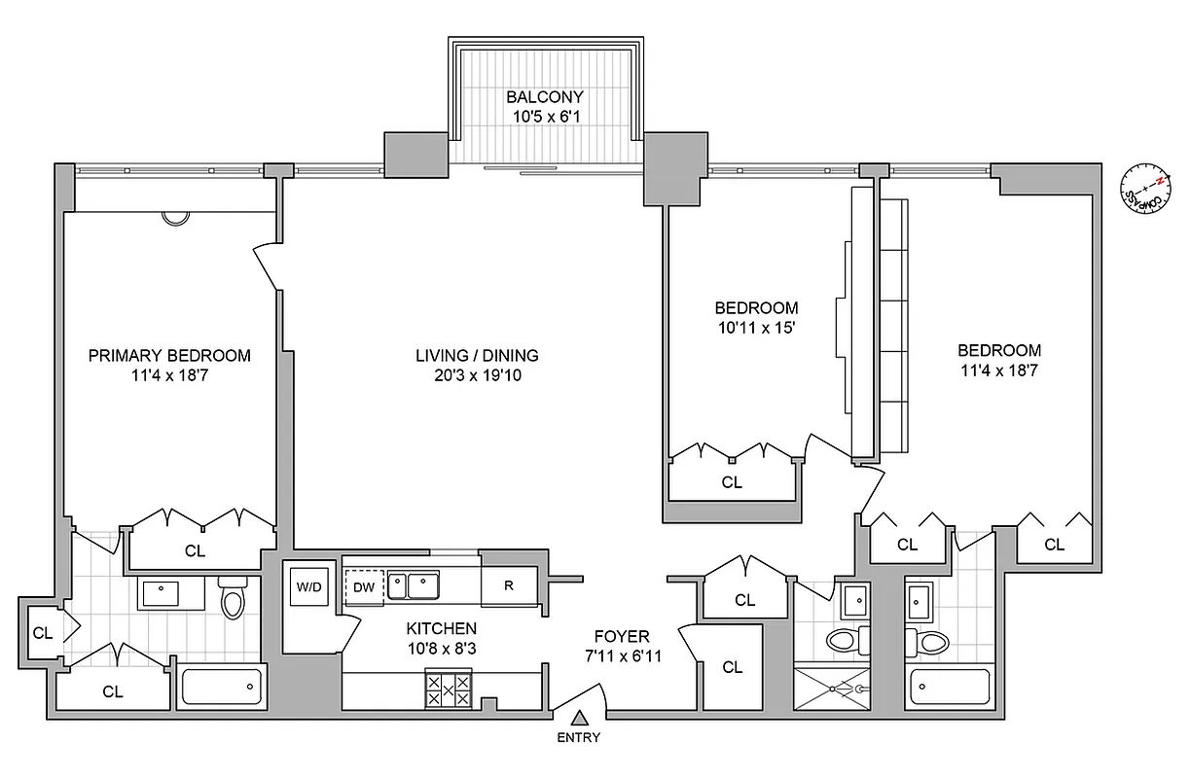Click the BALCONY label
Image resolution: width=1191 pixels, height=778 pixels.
click(x=544, y=97)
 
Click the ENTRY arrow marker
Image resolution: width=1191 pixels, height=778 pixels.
click(x=579, y=718)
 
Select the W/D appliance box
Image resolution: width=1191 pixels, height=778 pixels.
click(x=309, y=586)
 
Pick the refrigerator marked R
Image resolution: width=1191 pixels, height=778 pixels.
click(x=509, y=585)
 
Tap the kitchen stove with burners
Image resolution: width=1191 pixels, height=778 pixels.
click(x=448, y=691)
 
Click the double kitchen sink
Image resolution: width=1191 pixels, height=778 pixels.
click(x=413, y=585)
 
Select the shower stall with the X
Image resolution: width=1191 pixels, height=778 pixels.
click(x=833, y=687)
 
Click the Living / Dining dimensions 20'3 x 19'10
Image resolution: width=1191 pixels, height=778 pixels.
click(x=477, y=375)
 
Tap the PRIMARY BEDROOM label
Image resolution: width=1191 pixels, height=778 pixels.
click(x=169, y=356)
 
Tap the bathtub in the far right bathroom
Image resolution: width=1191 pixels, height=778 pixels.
click(x=950, y=689)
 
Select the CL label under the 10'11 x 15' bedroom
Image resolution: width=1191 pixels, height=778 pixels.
click(x=732, y=481)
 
